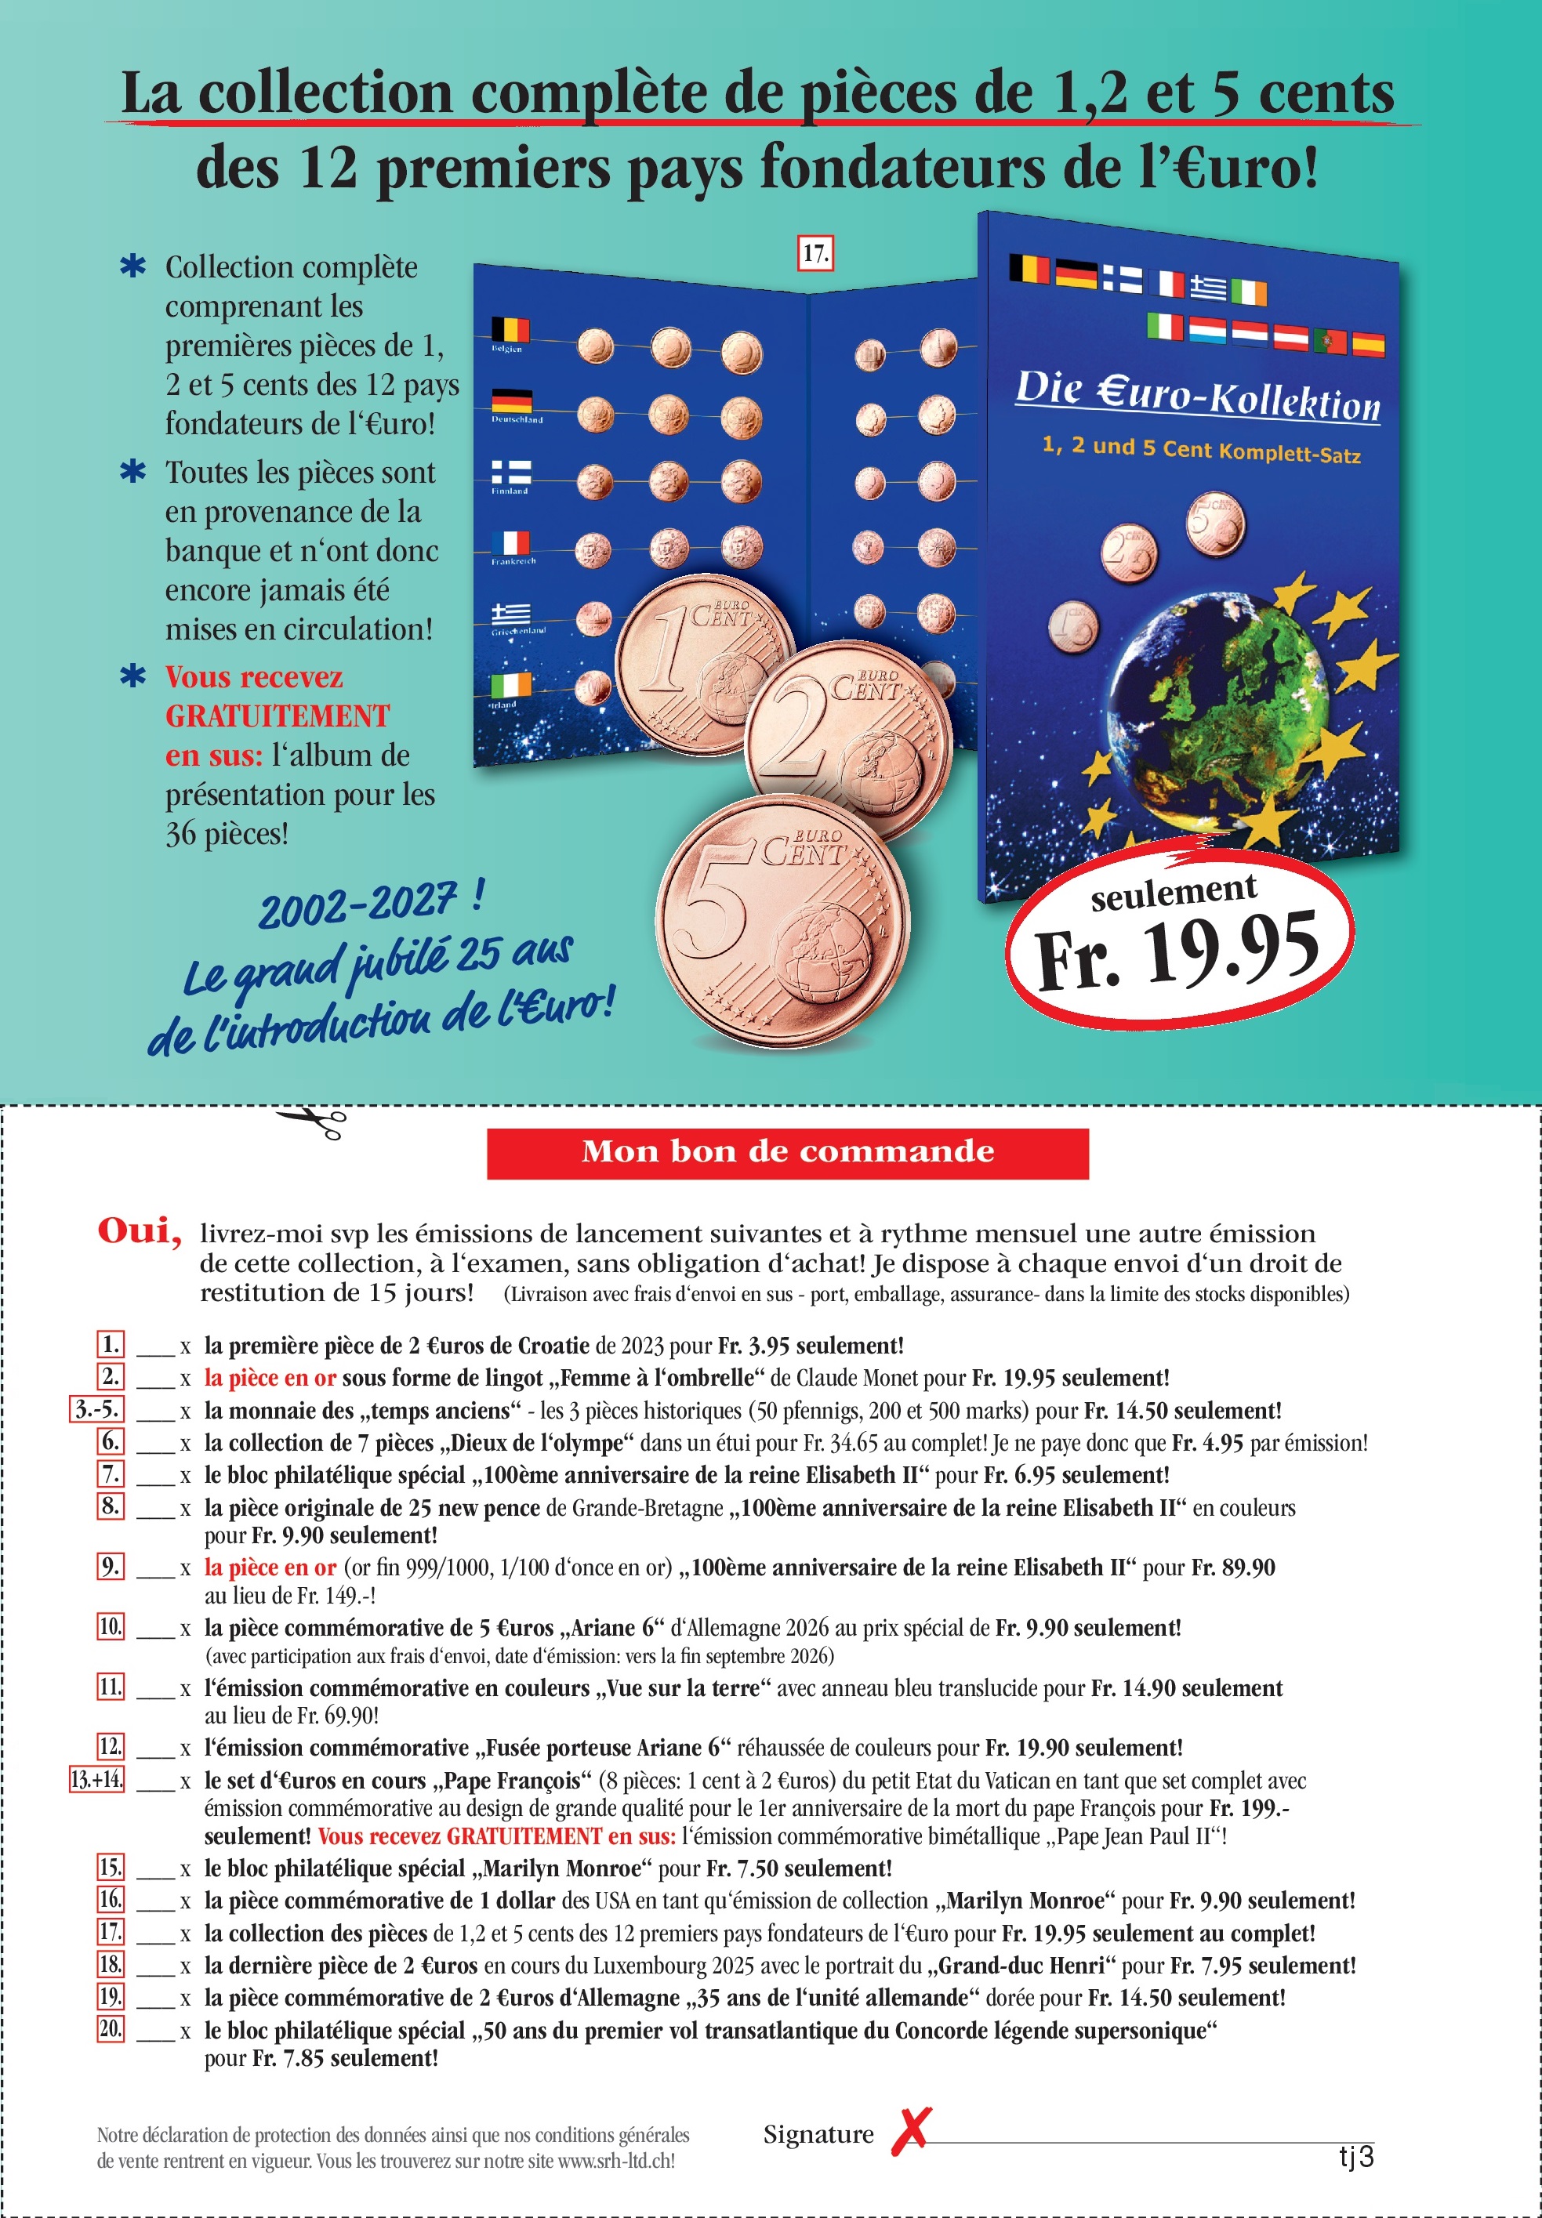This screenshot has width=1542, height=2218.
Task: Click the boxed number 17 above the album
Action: (x=815, y=253)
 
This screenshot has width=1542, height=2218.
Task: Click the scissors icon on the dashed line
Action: (x=311, y=1122)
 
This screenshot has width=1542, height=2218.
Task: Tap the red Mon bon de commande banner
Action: (x=787, y=1152)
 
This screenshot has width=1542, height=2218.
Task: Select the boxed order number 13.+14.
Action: (x=96, y=1778)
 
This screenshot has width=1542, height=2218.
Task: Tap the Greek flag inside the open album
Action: (x=510, y=614)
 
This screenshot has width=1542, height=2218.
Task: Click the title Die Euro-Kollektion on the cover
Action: (x=1197, y=395)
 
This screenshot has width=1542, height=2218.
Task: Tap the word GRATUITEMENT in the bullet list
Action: (x=278, y=716)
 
